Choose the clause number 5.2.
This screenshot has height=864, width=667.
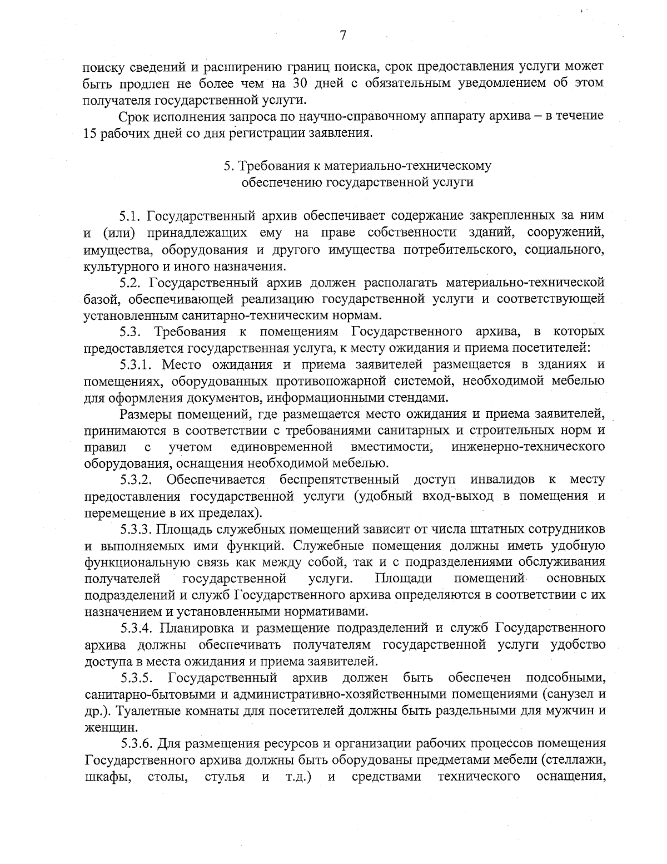tap(132, 283)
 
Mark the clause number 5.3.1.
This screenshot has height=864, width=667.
tap(138, 364)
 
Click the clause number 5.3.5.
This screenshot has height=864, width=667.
tap(138, 678)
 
